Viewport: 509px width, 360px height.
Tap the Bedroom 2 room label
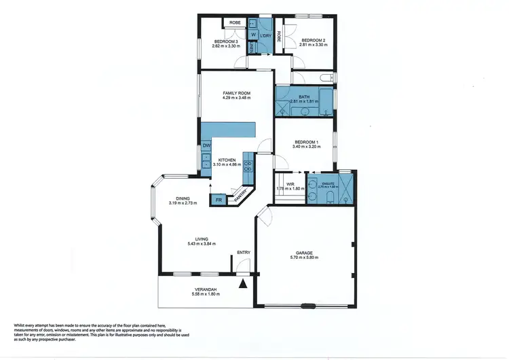313,41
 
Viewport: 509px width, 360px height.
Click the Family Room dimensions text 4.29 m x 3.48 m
236,98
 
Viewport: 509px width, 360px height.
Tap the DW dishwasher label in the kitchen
206,146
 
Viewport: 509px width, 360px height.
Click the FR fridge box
219,200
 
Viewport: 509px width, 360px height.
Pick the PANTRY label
241,196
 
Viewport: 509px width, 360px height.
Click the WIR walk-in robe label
290,183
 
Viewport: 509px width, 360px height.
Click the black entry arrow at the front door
242,283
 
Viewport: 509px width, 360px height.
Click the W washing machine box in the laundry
253,35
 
